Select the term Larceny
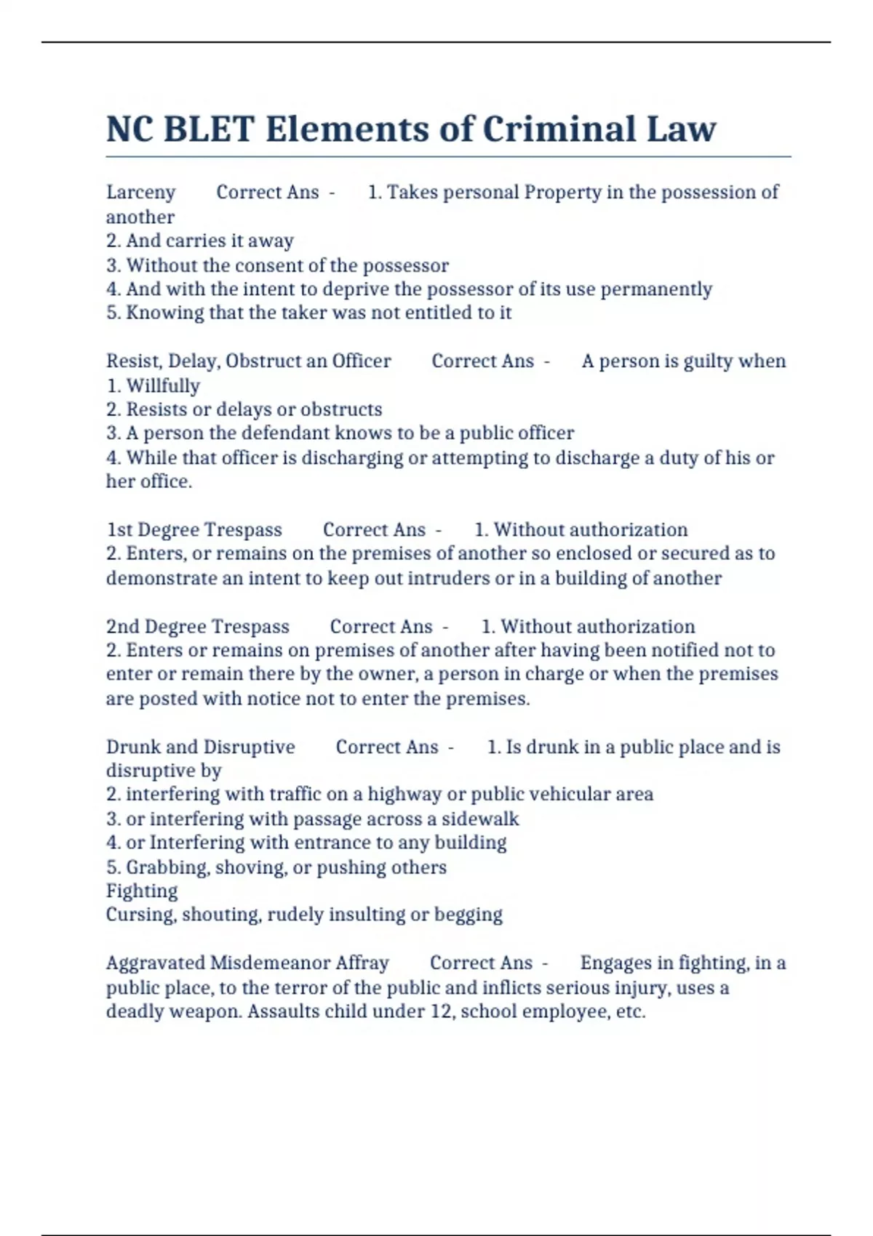coord(140,192)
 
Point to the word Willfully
coord(163,385)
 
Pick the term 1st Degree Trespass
coord(194,530)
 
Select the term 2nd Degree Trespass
coord(198,627)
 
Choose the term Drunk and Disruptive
coord(201,747)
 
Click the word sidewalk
coord(480,819)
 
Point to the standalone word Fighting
coord(142,891)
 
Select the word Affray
coord(362,963)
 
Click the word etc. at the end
coord(631,1011)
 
